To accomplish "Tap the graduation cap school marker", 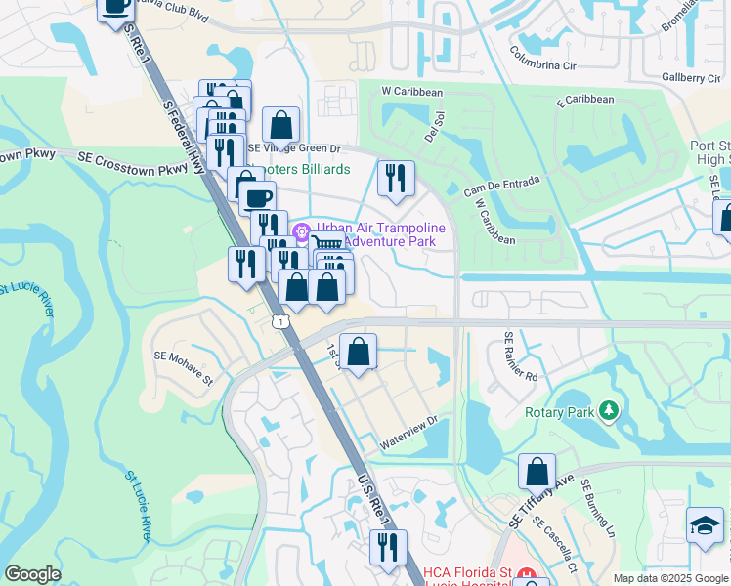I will coord(705,526).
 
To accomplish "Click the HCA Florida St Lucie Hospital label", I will coord(467,573).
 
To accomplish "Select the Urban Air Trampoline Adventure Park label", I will coord(381,234).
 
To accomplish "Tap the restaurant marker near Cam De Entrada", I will coord(396,178).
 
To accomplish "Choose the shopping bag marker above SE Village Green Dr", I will coord(280,125).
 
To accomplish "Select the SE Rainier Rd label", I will coord(521,356).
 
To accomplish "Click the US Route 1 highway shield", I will coord(281,322).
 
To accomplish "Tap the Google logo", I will coord(33,574).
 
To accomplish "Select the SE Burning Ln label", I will coord(596,507).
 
